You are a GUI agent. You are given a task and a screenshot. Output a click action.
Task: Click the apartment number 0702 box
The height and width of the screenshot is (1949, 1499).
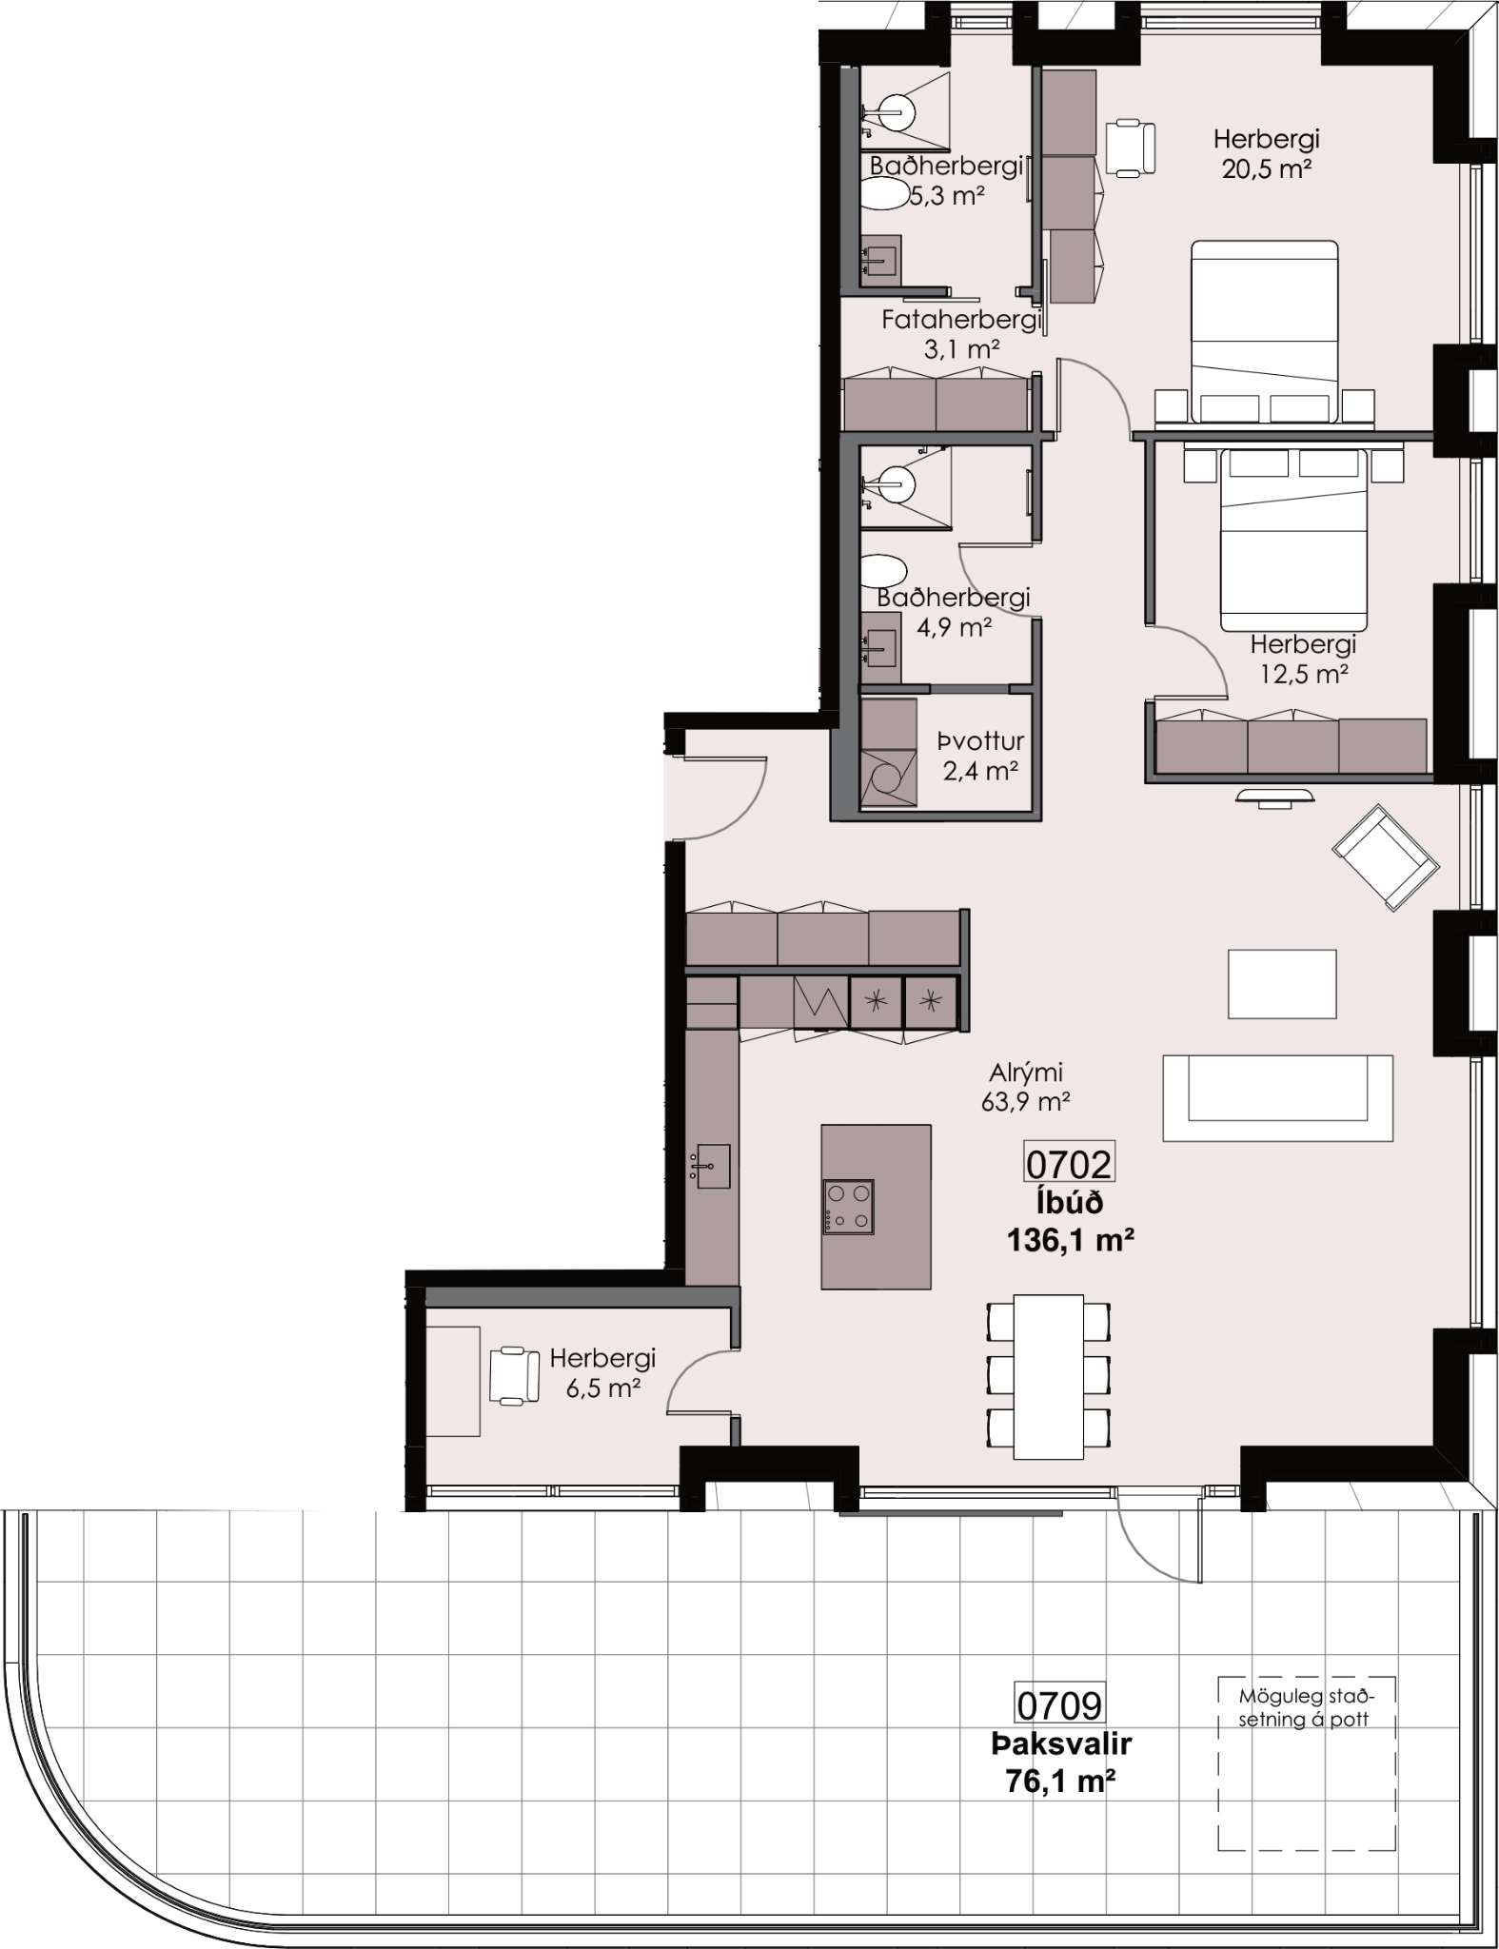(x=1068, y=1163)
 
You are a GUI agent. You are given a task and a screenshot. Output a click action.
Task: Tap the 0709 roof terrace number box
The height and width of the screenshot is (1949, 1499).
(x=1059, y=1704)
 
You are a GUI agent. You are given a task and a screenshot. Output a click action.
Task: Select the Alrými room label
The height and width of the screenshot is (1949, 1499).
(x=1025, y=1073)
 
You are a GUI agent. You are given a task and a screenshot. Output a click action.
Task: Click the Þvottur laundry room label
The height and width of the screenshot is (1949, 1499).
(x=980, y=741)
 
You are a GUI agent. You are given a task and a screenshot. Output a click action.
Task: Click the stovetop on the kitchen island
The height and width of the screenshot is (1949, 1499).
(x=849, y=1207)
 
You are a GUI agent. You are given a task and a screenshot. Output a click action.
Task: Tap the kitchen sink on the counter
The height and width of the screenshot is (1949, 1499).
(x=711, y=1166)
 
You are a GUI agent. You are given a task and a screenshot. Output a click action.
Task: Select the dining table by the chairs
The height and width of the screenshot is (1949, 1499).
(x=1048, y=1377)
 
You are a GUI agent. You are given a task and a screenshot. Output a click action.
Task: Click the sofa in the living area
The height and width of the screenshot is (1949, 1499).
(x=1277, y=1098)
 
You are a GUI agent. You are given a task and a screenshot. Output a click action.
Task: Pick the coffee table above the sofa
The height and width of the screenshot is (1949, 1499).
(x=1282, y=984)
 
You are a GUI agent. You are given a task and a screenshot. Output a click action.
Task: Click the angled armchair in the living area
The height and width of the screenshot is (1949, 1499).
(x=1386, y=857)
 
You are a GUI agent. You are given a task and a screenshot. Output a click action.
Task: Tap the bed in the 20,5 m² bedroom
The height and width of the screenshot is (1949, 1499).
(x=1266, y=331)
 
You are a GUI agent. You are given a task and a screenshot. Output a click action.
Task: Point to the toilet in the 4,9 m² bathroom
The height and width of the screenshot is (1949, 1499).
(x=882, y=573)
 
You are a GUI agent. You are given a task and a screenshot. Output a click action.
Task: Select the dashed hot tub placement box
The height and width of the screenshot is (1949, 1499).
(x=1307, y=1763)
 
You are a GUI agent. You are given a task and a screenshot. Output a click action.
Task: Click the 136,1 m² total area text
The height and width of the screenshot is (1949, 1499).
(x=1070, y=1240)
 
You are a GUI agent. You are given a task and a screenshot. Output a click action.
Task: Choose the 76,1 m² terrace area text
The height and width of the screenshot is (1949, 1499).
(x=1060, y=1781)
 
